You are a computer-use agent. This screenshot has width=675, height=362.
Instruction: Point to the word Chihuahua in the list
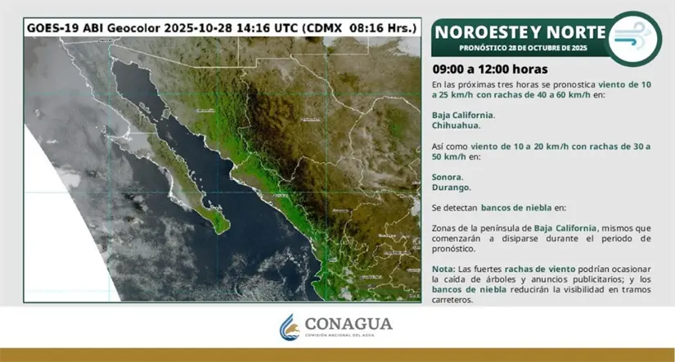[x=456, y=125]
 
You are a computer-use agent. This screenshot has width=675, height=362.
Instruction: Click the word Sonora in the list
[x=447, y=177]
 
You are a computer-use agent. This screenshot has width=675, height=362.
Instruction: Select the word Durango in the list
[x=451, y=188]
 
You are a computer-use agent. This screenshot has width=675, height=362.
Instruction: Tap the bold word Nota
[x=443, y=269]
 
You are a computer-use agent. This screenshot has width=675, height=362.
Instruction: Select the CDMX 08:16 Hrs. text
[x=362, y=27]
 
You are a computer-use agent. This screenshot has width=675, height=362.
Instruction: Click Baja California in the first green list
[x=463, y=115]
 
